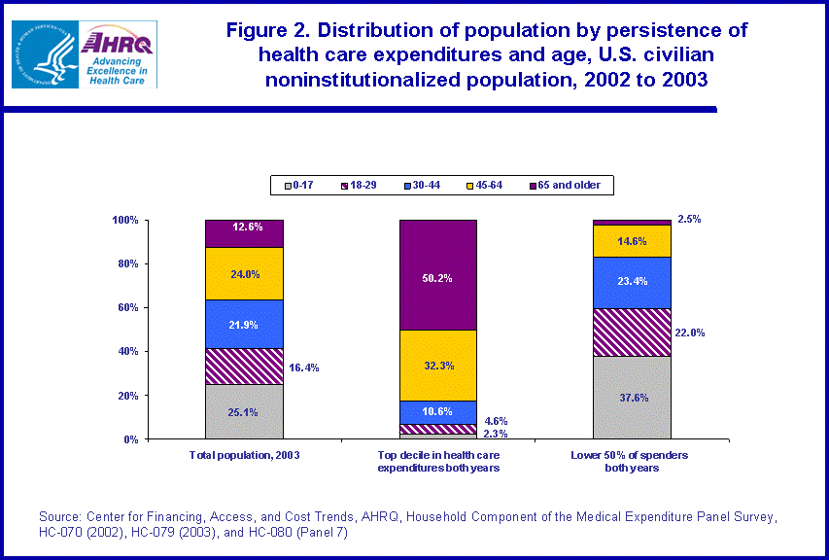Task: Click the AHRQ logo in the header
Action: point(119,55)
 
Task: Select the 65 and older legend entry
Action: point(563,185)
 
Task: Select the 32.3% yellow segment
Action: point(438,366)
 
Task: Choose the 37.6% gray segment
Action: point(632,398)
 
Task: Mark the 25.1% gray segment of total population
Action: point(244,411)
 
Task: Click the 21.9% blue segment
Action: point(244,324)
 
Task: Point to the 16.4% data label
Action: point(303,368)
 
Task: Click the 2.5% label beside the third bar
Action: point(689,220)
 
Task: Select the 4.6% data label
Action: point(496,422)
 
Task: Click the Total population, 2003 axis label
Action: point(244,456)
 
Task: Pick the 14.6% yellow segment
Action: point(632,240)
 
